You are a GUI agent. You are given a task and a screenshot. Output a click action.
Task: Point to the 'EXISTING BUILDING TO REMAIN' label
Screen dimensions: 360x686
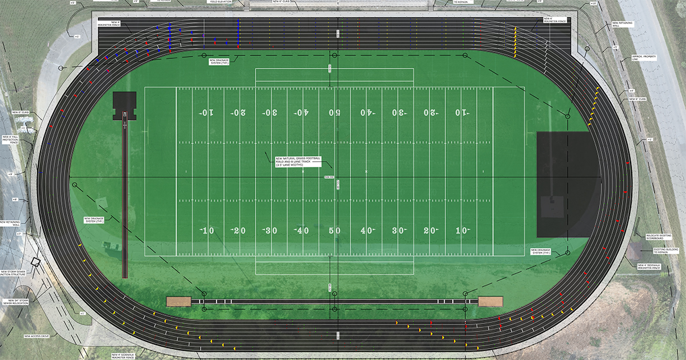665,251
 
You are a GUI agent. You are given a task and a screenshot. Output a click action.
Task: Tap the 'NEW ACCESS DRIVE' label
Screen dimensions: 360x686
37,336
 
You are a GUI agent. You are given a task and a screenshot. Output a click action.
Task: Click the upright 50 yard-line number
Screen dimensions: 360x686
335,230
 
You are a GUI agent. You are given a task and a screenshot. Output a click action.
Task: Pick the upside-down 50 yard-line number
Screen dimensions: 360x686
335,113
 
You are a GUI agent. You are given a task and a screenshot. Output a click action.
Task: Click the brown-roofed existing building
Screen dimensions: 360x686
634,252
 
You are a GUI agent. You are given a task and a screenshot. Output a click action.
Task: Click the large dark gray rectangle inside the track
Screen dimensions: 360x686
568,184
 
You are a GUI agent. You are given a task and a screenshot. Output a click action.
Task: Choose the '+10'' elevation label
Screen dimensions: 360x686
593,4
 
